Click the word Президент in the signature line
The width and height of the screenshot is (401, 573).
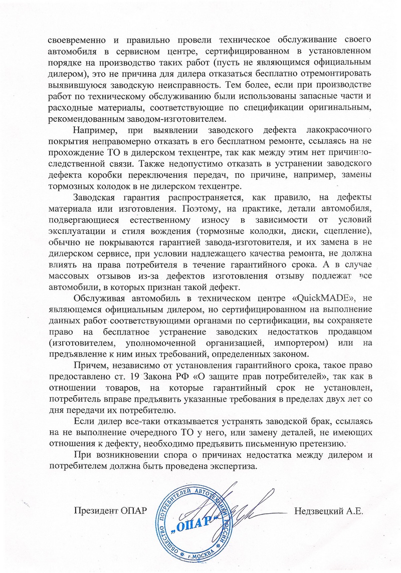[95, 511]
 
